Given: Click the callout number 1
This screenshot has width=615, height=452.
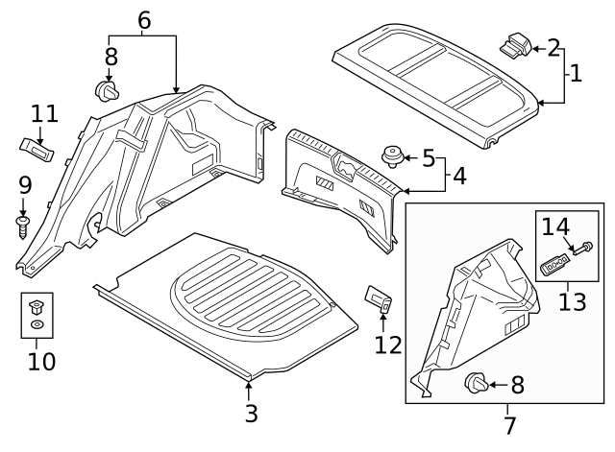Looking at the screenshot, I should tap(576, 72).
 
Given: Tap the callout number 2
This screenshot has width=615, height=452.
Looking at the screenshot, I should tap(553, 47).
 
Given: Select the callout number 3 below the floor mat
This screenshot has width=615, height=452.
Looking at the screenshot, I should tap(250, 414).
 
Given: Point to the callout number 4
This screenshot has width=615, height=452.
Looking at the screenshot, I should tap(460, 177).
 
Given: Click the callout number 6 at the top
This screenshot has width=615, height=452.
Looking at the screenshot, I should tap(144, 19).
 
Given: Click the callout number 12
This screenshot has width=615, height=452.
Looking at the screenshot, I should tap(389, 344).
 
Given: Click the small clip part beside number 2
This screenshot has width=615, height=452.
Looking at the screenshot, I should tap(516, 43).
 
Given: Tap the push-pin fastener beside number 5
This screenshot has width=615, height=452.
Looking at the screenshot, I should tap(393, 155).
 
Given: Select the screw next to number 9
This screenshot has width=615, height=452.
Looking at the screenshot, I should tap(22, 226).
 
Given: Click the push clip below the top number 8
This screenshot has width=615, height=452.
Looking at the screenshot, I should tap(108, 91).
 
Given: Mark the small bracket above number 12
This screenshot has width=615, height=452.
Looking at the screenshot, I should tap(379, 300).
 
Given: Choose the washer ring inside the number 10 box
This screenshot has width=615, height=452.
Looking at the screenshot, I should tap(37, 326).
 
